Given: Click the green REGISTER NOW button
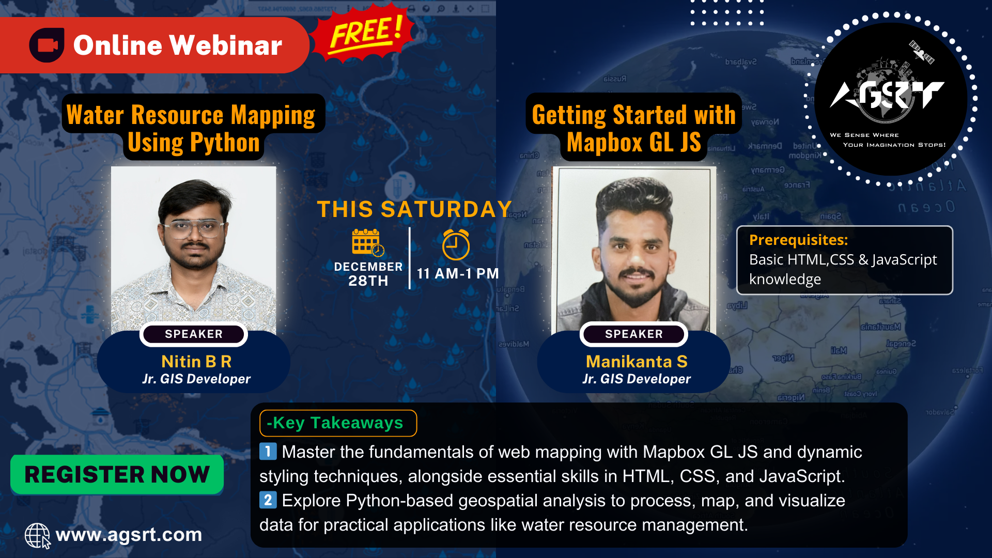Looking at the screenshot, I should pyautogui.click(x=117, y=474).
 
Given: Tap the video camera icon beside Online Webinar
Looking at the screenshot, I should pyautogui.click(x=47, y=45).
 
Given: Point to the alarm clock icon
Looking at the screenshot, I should pyautogui.click(x=456, y=244).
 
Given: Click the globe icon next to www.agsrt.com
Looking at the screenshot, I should pyautogui.click(x=38, y=535).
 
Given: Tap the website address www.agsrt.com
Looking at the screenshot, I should pyautogui.click(x=129, y=535).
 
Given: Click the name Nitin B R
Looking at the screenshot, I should pyautogui.click(x=196, y=361).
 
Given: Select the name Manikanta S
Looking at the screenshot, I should pyautogui.click(x=637, y=361).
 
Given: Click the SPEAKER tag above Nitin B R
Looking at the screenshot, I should pyautogui.click(x=194, y=334).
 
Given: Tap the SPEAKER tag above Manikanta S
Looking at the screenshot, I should pyautogui.click(x=634, y=334).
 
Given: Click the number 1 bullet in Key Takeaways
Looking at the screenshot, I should pyautogui.click(x=268, y=452).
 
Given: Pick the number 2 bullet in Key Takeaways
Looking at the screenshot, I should pyautogui.click(x=268, y=500).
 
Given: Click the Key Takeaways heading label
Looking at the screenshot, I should pyautogui.click(x=338, y=423).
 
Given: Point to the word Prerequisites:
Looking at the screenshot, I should pyautogui.click(x=798, y=240).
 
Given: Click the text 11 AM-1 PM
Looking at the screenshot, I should pyautogui.click(x=458, y=273).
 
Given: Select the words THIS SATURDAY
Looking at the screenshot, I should pyautogui.click(x=414, y=209).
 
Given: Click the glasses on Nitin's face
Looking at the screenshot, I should pyautogui.click(x=193, y=228).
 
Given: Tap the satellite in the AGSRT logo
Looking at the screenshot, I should pyautogui.click(x=921, y=52).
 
